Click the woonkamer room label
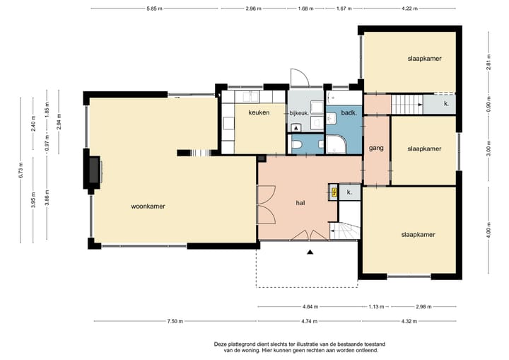pyautogui.click(x=148, y=207)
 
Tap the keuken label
pyautogui.click(x=259, y=112)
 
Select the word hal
pyautogui.click(x=300, y=203)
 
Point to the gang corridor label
pyautogui.click(x=376, y=148)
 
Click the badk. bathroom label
pyautogui.click(x=349, y=113)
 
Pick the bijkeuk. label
pyautogui.click(x=298, y=113)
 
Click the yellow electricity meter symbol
pyautogui.click(x=334, y=192)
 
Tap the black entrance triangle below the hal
pyautogui.click(x=310, y=252)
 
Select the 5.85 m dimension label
pyautogui.click(x=154, y=8)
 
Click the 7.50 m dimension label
pyautogui.click(x=175, y=321)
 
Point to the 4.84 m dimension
pyautogui.click(x=310, y=306)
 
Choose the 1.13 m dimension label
pyautogui.click(x=376, y=306)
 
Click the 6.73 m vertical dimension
pyautogui.click(x=21, y=170)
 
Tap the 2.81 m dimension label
pyautogui.click(x=489, y=62)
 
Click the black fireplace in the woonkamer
pyautogui.click(x=95, y=170)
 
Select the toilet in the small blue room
pyautogui.click(x=298, y=144)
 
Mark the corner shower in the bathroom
pyautogui.click(x=336, y=144)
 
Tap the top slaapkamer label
pyautogui.click(x=425, y=59)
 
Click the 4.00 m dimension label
pyautogui.click(x=489, y=229)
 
